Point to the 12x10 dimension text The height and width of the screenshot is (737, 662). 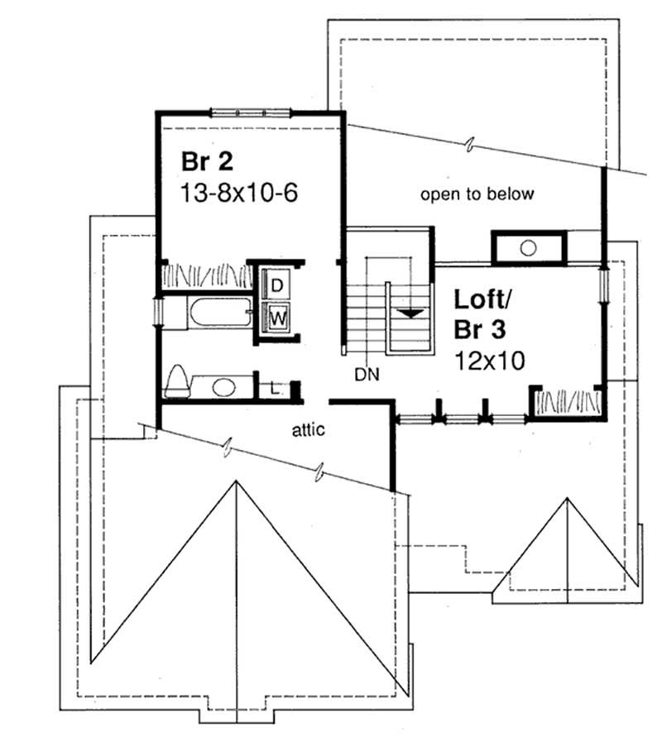point(492,361)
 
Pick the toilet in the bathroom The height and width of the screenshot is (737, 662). point(177,381)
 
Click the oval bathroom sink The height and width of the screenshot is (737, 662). point(223,385)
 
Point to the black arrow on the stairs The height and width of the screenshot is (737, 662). point(411,313)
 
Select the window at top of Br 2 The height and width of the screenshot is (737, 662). point(249,112)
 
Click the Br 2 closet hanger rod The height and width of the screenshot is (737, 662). point(206,273)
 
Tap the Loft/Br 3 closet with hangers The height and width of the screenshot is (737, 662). point(567,402)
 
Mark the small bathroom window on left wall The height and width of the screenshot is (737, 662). point(159,314)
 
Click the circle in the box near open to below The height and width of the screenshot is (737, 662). point(529,246)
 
